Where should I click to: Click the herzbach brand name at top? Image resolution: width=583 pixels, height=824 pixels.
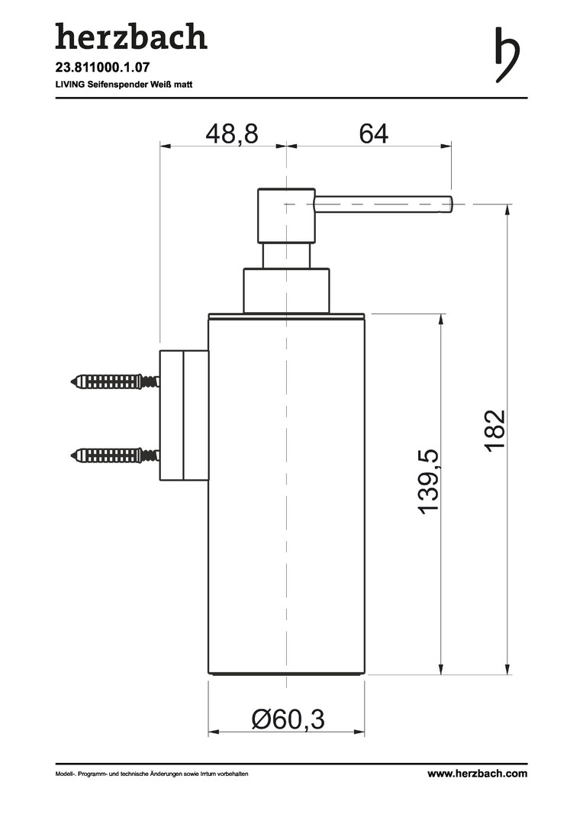[131, 37]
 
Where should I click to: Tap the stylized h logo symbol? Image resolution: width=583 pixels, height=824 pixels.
[507, 55]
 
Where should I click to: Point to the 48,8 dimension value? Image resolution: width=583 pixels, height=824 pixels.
[232, 134]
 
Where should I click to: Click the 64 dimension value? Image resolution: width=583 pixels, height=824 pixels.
[374, 134]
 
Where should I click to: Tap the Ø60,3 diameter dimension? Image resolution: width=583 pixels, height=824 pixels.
[288, 719]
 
